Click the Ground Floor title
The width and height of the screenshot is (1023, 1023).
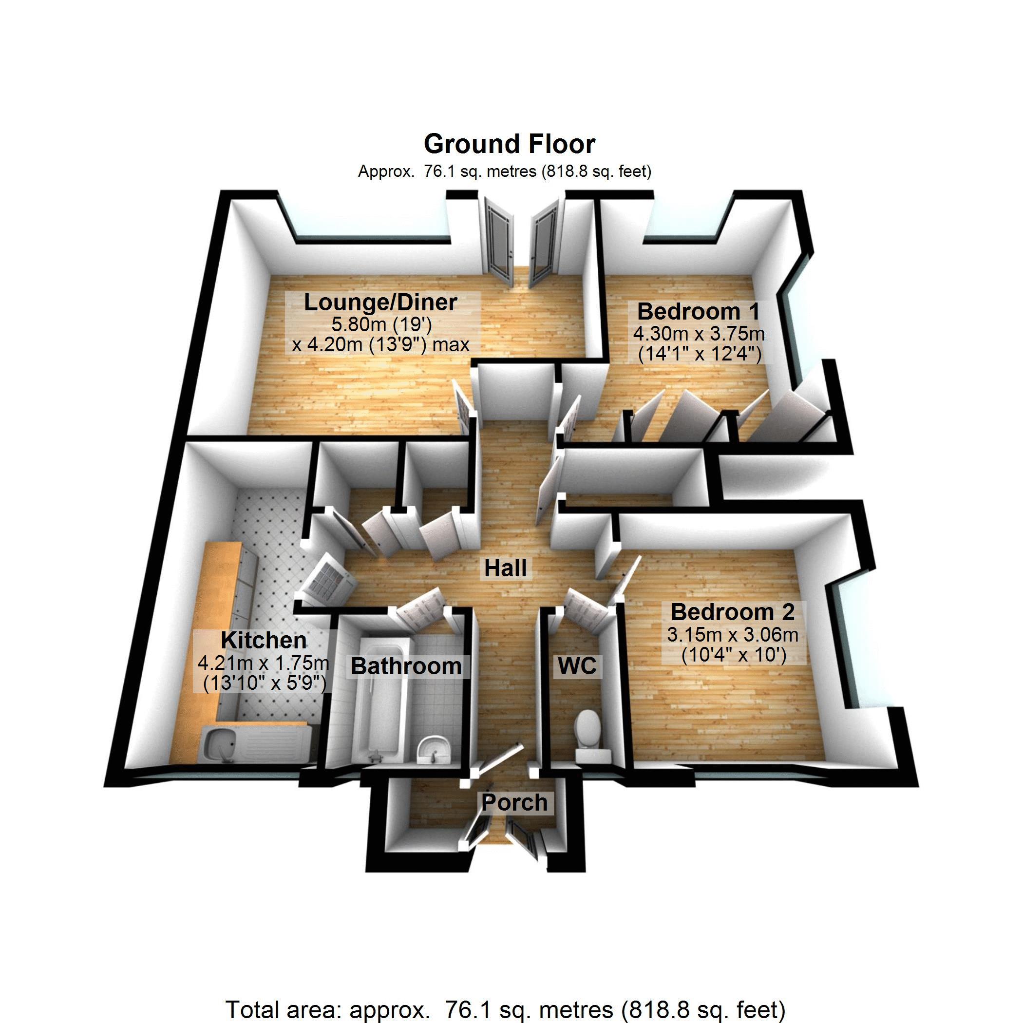pos(510,144)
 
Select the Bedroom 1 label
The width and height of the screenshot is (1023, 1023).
pos(699,311)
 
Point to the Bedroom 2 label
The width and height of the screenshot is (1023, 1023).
pos(733,612)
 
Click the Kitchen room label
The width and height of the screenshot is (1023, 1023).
pos(264,641)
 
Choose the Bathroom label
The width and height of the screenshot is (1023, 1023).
pos(406,666)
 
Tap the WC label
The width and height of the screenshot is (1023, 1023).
pos(577,666)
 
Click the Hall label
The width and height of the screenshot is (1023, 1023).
pos(506,568)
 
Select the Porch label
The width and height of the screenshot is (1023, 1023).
pos(514,803)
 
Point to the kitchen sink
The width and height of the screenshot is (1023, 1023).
pos(218,747)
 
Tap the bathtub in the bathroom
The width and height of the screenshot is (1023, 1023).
pos(380,699)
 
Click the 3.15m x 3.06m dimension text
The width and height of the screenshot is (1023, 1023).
pos(733,634)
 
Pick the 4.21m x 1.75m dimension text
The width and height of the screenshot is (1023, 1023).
pos(264,663)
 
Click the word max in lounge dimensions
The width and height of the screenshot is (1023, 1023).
pos(450,345)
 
